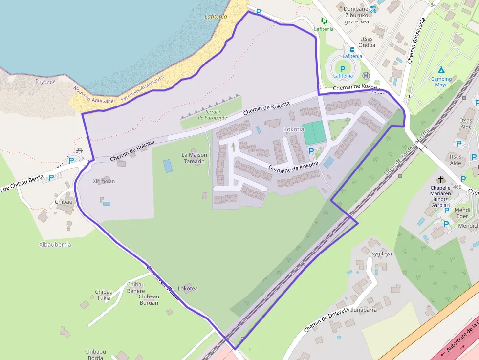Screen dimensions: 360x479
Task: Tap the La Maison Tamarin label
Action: (194, 158)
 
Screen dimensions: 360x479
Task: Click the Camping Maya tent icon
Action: (441, 69)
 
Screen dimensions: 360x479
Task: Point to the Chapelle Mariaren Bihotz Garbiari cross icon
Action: (440, 180)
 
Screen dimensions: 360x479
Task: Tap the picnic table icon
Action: (80, 150)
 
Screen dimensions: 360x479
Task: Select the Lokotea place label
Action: (188, 288)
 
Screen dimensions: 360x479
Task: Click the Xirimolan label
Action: (104, 181)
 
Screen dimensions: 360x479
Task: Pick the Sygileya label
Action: (381, 254)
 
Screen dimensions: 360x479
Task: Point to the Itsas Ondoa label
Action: (367, 42)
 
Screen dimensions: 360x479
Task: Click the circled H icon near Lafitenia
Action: (366, 75)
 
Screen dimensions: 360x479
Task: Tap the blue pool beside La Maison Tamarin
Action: (168, 166)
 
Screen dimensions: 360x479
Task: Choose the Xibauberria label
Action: (54, 244)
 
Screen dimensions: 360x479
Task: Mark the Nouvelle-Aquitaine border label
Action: (93, 95)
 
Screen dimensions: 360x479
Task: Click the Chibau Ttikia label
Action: (103, 295)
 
